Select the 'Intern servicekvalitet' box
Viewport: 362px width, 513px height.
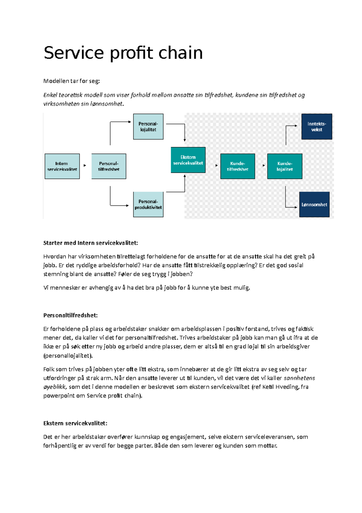[x=62, y=166]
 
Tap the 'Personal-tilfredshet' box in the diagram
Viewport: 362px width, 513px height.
[x=109, y=166]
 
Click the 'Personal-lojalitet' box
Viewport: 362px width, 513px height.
[x=148, y=127]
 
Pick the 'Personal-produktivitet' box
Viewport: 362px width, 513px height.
[x=148, y=204]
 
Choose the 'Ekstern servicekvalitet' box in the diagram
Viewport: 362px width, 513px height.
[x=188, y=160]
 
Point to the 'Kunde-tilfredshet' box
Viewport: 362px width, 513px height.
[x=237, y=166]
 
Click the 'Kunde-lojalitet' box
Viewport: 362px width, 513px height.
[x=284, y=166]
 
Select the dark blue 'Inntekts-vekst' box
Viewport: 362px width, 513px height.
[x=316, y=127]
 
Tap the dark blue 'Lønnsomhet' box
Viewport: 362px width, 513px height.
[x=314, y=205]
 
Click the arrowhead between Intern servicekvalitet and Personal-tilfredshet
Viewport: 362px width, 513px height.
[x=85, y=166]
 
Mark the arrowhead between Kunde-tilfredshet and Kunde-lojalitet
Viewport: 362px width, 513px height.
[x=264, y=166]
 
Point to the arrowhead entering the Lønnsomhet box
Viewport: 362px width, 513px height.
[x=296, y=207]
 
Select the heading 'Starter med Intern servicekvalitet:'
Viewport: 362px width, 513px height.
[x=91, y=243]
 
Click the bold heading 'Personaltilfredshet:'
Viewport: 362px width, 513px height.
[x=70, y=315]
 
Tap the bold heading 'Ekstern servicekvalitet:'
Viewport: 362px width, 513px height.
[x=75, y=423]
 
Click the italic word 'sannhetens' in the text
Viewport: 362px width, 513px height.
[x=299, y=378]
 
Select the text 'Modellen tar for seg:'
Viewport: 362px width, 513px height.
[x=71, y=81]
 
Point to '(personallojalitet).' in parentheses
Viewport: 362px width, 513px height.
[x=68, y=356]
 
